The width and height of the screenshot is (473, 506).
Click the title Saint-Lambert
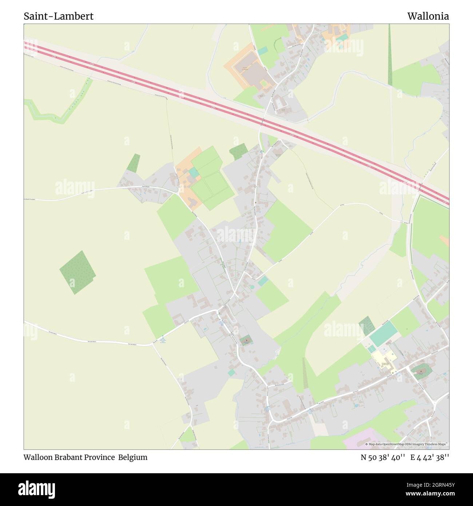pyautogui.click(x=59, y=16)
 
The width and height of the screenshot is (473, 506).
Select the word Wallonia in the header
pyautogui.click(x=428, y=16)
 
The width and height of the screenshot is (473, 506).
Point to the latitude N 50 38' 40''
pyautogui.click(x=383, y=457)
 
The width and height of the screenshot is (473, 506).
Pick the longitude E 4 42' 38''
pyautogui.click(x=430, y=457)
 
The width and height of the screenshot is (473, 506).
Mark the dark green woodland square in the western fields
pyautogui.click(x=77, y=272)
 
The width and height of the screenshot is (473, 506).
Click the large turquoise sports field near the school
pyautogui.click(x=383, y=334)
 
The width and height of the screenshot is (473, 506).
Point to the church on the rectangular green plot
pyautogui.click(x=246, y=341)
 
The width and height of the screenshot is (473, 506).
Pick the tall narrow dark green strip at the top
pyautogui.click(x=390, y=55)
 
